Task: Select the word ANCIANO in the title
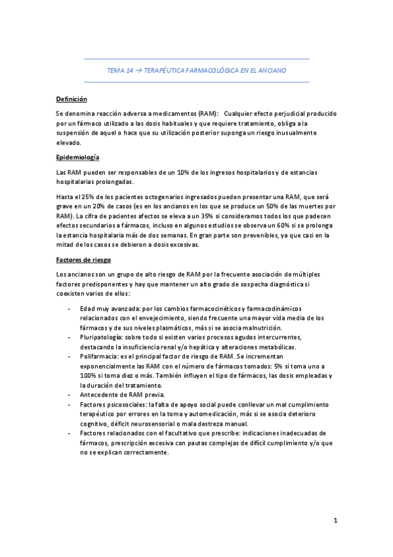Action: [x=272, y=70]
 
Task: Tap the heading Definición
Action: [x=71, y=100]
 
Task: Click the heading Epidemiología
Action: [x=79, y=158]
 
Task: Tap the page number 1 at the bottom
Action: [x=335, y=522]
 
